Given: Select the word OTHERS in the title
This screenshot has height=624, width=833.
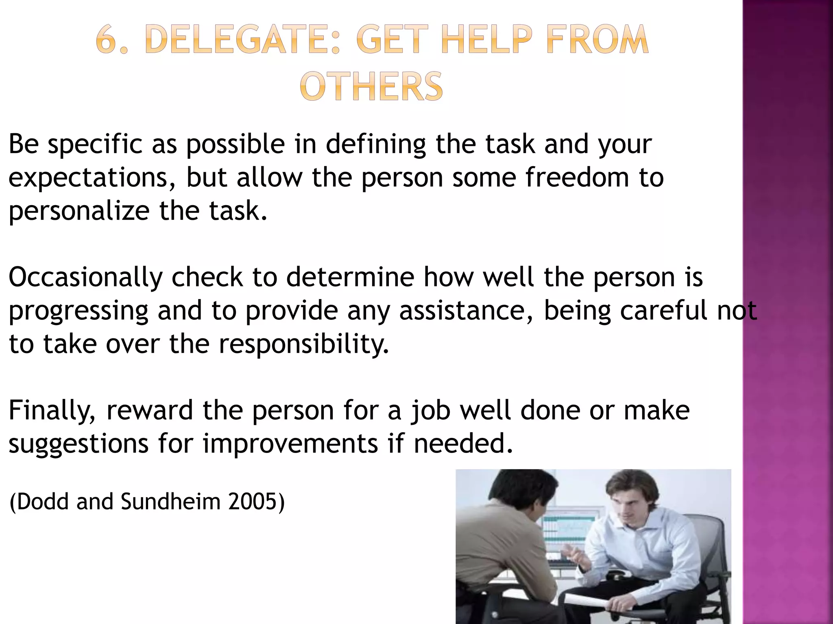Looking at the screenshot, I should (x=371, y=87).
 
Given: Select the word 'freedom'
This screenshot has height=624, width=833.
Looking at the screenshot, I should (x=577, y=178).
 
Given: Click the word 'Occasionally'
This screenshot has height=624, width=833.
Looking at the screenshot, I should (x=85, y=277).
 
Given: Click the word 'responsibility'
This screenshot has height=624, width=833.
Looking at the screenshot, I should (x=303, y=344).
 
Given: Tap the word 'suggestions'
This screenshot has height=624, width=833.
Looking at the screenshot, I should (x=79, y=444).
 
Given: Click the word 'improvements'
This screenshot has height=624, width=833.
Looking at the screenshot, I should (x=290, y=444).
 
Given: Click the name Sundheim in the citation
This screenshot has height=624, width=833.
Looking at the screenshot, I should (x=170, y=502).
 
